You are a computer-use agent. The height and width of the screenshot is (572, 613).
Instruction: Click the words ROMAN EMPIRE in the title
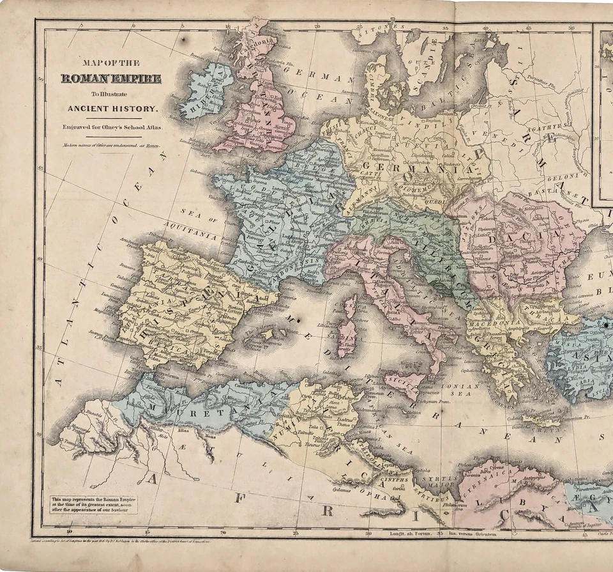click(110, 79)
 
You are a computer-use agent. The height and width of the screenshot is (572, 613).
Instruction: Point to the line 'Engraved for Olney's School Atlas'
click(112, 127)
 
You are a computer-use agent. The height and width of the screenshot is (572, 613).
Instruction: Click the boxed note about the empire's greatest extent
click(94, 505)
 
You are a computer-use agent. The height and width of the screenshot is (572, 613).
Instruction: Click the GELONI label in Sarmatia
click(575, 174)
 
